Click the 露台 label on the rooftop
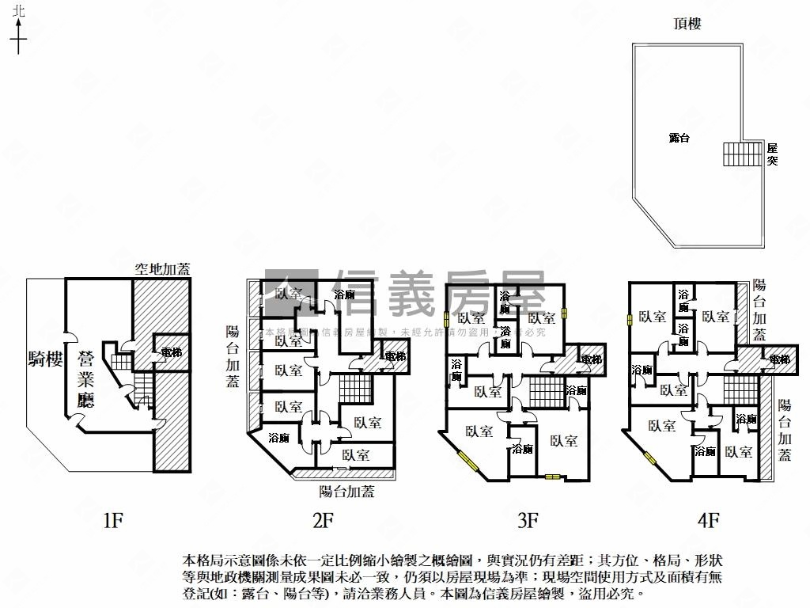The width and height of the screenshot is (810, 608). [679, 138]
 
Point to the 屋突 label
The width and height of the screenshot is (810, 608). [773, 154]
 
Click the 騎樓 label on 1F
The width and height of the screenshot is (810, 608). [44, 360]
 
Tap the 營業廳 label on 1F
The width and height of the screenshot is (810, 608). [85, 380]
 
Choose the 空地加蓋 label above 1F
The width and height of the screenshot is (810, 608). [162, 269]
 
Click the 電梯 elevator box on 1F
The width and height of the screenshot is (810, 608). [170, 352]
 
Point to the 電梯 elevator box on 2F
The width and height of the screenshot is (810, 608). [393, 357]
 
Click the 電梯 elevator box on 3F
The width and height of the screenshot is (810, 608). [591, 359]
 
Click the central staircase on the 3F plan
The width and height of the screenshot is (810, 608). [545, 391]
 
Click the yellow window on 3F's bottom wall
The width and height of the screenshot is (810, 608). [551, 477]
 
